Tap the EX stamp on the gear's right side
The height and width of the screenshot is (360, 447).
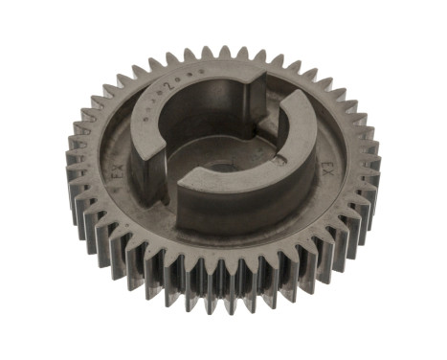(325, 170)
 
